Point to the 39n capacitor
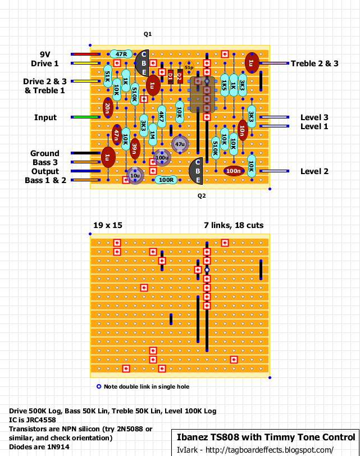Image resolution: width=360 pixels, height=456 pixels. [x=134, y=149]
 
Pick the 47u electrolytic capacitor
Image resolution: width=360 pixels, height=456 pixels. [x=180, y=144]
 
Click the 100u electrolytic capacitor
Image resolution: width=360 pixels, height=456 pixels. [x=162, y=158]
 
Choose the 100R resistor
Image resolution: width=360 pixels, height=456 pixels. [x=166, y=180]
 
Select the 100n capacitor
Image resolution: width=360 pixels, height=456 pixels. [x=234, y=171]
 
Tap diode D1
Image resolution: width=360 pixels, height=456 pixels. [x=171, y=77]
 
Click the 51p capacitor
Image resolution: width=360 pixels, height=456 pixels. [x=189, y=67]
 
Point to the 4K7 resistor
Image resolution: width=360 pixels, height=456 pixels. [x=161, y=118]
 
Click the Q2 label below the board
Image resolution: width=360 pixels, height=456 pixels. [x=202, y=196]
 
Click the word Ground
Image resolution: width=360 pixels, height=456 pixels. [x=45, y=153]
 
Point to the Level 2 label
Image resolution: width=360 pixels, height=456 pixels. [x=314, y=171]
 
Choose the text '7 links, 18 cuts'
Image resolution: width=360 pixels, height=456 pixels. [x=234, y=225]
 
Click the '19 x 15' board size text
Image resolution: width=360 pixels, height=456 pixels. [x=108, y=225]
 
